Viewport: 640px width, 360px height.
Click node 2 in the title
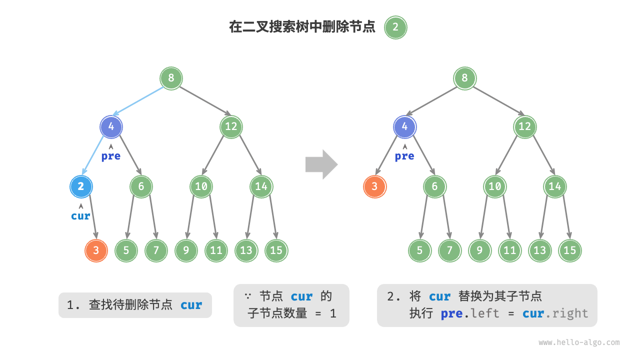[x=395, y=27]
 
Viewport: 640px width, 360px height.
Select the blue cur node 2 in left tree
[x=81, y=187]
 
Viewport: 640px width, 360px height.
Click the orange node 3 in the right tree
[x=374, y=187]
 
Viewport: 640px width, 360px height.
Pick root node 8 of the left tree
[x=171, y=78]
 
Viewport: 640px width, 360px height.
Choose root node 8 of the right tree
[x=464, y=78]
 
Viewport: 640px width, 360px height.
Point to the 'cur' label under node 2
[x=80, y=216]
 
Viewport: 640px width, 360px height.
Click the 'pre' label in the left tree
[x=111, y=156]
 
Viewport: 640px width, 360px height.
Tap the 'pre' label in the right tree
[x=404, y=156]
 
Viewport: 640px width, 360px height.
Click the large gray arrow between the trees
[x=321, y=164]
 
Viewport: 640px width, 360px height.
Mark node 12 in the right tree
[x=524, y=126]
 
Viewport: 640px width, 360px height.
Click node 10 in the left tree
[x=201, y=187]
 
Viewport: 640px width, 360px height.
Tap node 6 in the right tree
[x=434, y=187]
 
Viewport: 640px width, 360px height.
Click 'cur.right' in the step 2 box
[x=555, y=313]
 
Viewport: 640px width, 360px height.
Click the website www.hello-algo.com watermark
[x=579, y=342]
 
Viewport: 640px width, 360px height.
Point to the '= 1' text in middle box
[x=326, y=313]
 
